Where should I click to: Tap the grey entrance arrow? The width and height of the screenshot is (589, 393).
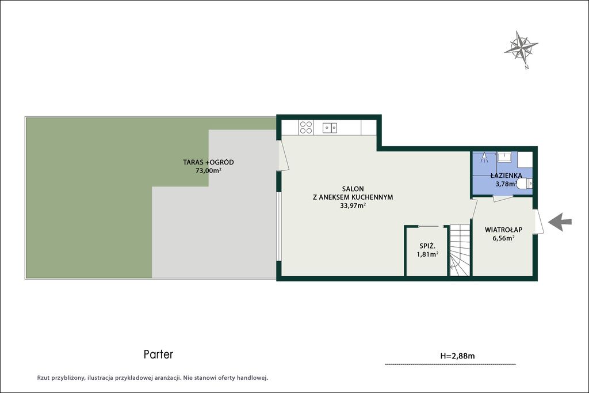coord(560,222)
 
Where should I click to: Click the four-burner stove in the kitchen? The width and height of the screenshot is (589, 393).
coord(306,127)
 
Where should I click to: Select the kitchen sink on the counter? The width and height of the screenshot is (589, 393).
coord(330,128)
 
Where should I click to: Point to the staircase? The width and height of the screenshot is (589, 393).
coord(460,251)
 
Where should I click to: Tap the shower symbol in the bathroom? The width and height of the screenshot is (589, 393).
coord(484,158)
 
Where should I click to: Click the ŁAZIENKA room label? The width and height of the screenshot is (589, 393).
coord(506,175)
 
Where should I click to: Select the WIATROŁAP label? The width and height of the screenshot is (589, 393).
coord(503,230)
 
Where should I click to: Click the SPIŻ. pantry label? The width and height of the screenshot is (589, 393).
coord(427,246)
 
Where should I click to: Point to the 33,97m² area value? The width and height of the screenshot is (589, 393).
coord(353,205)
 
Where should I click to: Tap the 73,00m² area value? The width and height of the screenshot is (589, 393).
coord(208,170)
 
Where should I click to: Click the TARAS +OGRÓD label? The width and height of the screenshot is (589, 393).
coord(208,162)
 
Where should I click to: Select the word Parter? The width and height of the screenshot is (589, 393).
coord(159,354)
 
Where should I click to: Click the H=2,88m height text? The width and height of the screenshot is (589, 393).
coord(457,356)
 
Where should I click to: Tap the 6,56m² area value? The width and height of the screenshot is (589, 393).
coord(503,238)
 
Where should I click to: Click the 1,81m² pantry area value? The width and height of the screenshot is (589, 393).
coord(427,254)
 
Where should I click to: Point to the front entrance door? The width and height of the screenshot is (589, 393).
coord(538,222)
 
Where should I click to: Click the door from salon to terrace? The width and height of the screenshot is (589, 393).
coord(282,155)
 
